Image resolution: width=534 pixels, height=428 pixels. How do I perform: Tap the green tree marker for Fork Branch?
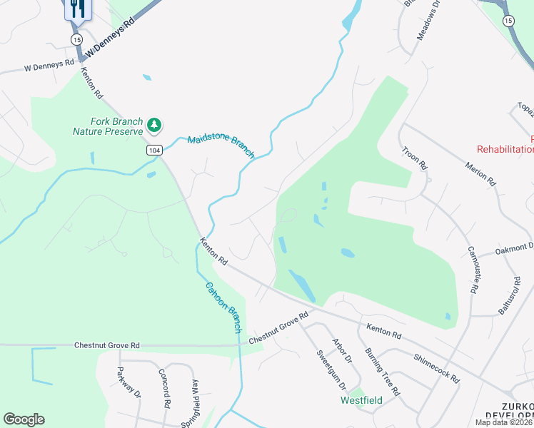(x=153, y=126)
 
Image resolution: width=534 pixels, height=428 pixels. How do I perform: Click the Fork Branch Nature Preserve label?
(x=108, y=126)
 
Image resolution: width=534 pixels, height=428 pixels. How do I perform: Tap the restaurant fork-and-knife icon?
(x=76, y=9)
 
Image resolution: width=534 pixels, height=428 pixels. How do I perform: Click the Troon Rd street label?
(x=414, y=157)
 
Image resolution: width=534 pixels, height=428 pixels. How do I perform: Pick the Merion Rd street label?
(x=480, y=172)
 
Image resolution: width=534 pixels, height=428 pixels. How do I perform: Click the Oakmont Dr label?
(x=514, y=250)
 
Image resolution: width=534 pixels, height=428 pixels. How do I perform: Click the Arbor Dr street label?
(x=343, y=351)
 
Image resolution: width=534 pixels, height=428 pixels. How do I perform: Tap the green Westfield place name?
(x=361, y=400)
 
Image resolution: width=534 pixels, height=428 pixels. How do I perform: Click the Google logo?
(x=24, y=419)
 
